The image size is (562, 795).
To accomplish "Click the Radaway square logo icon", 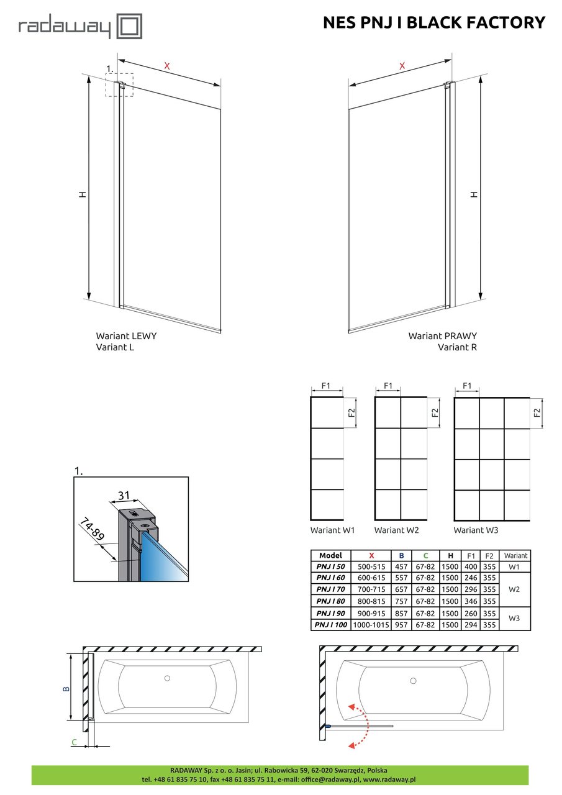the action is [130, 26].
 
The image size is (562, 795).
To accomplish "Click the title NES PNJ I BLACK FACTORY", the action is [434, 22].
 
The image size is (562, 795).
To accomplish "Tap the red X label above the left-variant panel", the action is [167, 66].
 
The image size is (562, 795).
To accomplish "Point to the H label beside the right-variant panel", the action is [474, 194].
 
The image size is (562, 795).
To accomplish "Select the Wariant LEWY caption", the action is [126, 336].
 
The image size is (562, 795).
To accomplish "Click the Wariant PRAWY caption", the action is [442, 336].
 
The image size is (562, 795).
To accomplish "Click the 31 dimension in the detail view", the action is [124, 495].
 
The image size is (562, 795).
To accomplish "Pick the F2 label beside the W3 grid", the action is [537, 412].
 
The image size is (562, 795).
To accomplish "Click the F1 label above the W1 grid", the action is [325, 386].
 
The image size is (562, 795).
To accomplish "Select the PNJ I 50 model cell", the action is [330, 567].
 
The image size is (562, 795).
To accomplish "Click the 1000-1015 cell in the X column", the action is [371, 625].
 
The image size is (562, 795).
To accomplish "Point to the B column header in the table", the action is [401, 555].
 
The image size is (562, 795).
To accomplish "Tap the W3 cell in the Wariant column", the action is [514, 618].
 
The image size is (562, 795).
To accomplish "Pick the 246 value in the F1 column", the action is [471, 578].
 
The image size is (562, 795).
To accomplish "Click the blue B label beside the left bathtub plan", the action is [66, 689].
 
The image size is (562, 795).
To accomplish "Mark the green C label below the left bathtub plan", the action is [74, 742].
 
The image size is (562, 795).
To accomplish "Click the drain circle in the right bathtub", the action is [413, 681].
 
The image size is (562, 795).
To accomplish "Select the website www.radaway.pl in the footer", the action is [389, 779].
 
